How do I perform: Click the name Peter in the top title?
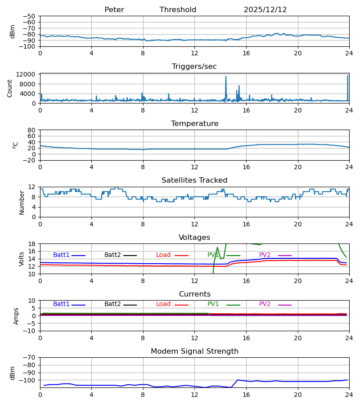pos(114,10)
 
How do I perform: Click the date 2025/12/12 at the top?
pos(265,10)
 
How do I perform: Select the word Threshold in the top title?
pos(178,10)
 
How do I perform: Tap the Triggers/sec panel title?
pos(194,67)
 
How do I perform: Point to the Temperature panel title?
pos(194,124)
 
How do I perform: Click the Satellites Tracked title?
pos(194,180)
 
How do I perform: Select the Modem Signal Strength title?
pos(194,351)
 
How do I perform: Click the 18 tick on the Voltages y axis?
pos(32,244)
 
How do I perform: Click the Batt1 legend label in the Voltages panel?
pos(61,255)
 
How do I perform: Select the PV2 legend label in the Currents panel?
pos(265,304)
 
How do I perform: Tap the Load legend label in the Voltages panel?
pos(163,255)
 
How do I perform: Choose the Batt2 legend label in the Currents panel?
pos(112,304)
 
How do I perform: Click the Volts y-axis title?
pos(22,259)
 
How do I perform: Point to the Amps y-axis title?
pos(17,316)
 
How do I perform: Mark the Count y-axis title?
pos(10,88)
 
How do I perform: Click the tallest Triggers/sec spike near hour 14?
pos(226,77)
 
